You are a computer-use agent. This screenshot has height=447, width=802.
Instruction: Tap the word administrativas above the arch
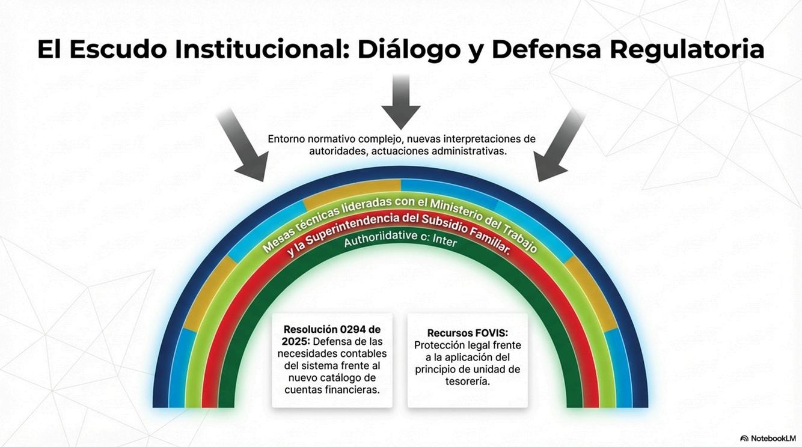(x=470, y=151)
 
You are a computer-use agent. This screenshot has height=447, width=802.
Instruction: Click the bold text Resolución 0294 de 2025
(x=332, y=335)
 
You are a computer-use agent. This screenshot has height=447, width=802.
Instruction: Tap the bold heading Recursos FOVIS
(x=467, y=333)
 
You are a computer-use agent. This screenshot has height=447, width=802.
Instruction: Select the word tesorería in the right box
(x=467, y=381)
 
